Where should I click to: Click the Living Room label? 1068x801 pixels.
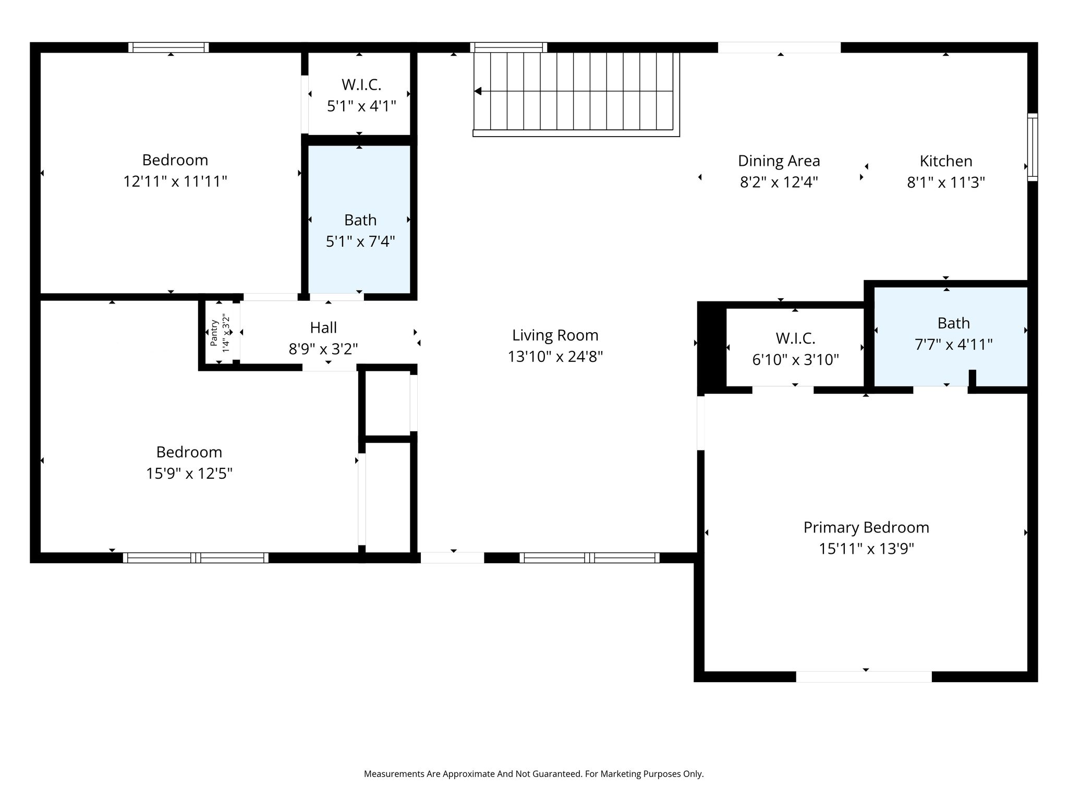coord(555,335)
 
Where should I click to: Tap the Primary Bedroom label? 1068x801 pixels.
coord(866,528)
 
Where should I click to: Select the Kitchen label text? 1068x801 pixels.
coord(946,161)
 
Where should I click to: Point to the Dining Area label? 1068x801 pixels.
coord(779,161)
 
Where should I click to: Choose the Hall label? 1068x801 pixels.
coord(323,327)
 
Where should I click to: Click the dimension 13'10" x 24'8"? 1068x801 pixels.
coord(555,357)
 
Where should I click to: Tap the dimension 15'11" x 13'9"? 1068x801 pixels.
coord(866,549)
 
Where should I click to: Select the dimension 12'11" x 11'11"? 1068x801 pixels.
coord(175,181)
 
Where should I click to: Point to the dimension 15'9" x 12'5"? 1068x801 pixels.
coord(189,474)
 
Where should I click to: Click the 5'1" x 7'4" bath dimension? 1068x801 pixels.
coord(360,241)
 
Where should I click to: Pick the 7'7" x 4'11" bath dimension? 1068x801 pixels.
coord(953,345)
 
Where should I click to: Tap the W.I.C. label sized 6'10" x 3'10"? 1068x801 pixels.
coord(795,338)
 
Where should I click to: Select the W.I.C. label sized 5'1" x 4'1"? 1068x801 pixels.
coord(361,84)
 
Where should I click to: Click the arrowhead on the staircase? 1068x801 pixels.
coord(478,91)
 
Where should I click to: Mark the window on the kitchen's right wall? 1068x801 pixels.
coord(1033,147)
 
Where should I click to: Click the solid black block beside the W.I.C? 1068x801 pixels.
coord(711,347)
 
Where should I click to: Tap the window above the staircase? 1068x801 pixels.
coord(508,47)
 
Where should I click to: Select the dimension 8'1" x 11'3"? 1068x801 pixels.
coord(946,183)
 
